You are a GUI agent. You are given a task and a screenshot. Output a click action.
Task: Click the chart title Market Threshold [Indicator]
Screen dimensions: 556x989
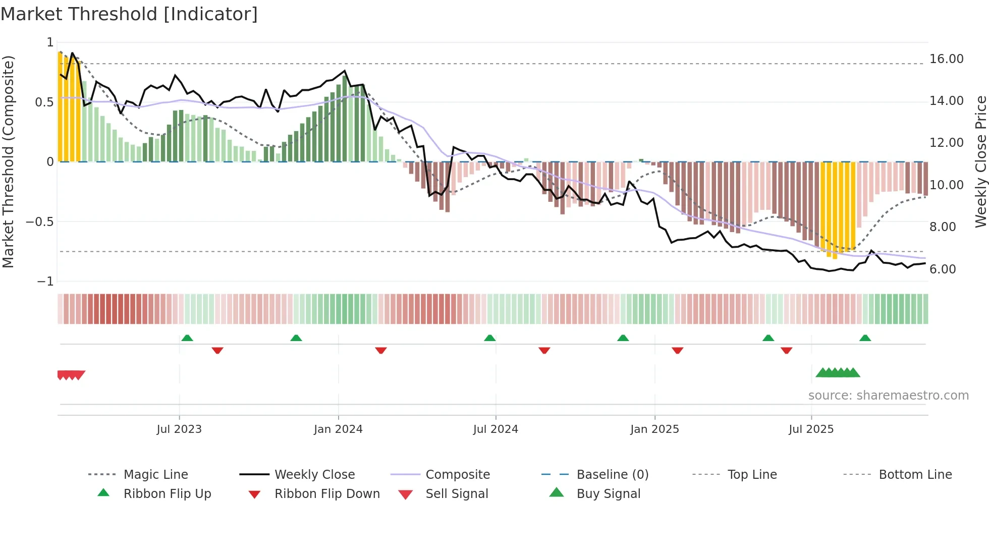click(129, 14)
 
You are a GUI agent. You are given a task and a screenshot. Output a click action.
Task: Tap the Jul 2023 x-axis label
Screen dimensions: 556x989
click(179, 429)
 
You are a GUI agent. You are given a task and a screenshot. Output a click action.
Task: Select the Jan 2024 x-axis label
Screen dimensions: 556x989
click(338, 429)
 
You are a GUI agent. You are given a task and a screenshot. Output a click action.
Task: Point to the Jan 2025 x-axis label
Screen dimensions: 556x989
click(654, 429)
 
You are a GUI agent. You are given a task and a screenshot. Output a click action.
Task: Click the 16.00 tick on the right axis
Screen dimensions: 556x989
click(946, 59)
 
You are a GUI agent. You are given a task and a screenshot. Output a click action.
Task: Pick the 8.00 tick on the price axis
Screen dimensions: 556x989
click(943, 227)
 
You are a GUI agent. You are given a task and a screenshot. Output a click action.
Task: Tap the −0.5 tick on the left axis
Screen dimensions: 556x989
click(40, 222)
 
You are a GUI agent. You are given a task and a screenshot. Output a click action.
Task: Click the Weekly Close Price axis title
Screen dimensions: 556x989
click(980, 161)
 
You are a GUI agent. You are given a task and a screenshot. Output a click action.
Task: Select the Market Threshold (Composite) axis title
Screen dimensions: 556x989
click(8, 161)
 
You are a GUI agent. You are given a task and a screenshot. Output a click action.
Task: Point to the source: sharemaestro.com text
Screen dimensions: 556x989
click(888, 396)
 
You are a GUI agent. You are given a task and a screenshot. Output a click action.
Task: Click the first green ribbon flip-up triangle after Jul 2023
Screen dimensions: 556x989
click(187, 338)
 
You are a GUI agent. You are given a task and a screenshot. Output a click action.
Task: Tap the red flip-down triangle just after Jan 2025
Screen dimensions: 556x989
click(677, 350)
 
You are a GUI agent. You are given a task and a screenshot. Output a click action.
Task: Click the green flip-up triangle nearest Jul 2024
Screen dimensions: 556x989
click(489, 338)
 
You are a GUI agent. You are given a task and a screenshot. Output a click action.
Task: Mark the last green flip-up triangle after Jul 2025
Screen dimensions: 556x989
click(865, 338)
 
